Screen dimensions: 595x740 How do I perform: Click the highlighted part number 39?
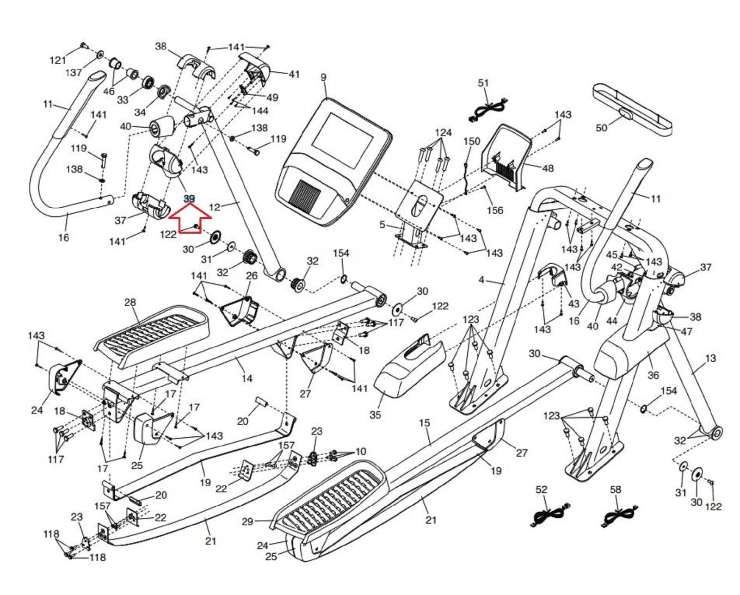(189, 199)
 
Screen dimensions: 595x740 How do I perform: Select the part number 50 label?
(601, 127)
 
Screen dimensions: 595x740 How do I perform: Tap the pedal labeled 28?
(153, 331)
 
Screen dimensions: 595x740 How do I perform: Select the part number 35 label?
(375, 415)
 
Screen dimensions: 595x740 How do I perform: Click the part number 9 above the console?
(323, 77)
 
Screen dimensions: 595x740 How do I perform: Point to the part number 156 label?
(494, 210)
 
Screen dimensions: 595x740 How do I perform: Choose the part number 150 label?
(472, 141)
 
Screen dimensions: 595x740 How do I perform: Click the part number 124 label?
(443, 133)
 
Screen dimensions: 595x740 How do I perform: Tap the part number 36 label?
(653, 375)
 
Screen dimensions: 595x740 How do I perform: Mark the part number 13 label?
(710, 358)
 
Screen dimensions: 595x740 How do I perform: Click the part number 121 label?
(58, 60)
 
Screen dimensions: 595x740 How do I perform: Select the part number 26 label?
(251, 276)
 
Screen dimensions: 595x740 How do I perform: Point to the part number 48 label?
(548, 168)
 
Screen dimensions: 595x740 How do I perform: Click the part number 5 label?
(382, 225)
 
